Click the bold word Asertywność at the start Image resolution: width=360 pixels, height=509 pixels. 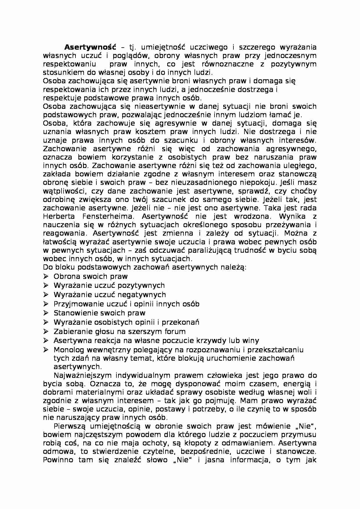pos(90,47)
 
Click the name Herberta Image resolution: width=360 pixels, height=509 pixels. pos(59,216)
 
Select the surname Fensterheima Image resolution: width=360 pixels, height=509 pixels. pos(109,216)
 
